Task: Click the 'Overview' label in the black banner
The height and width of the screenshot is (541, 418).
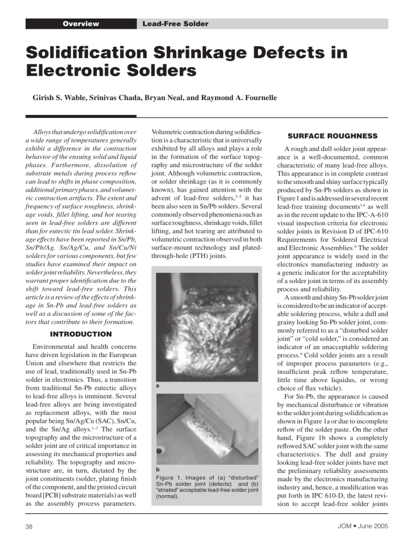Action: (x=81, y=24)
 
